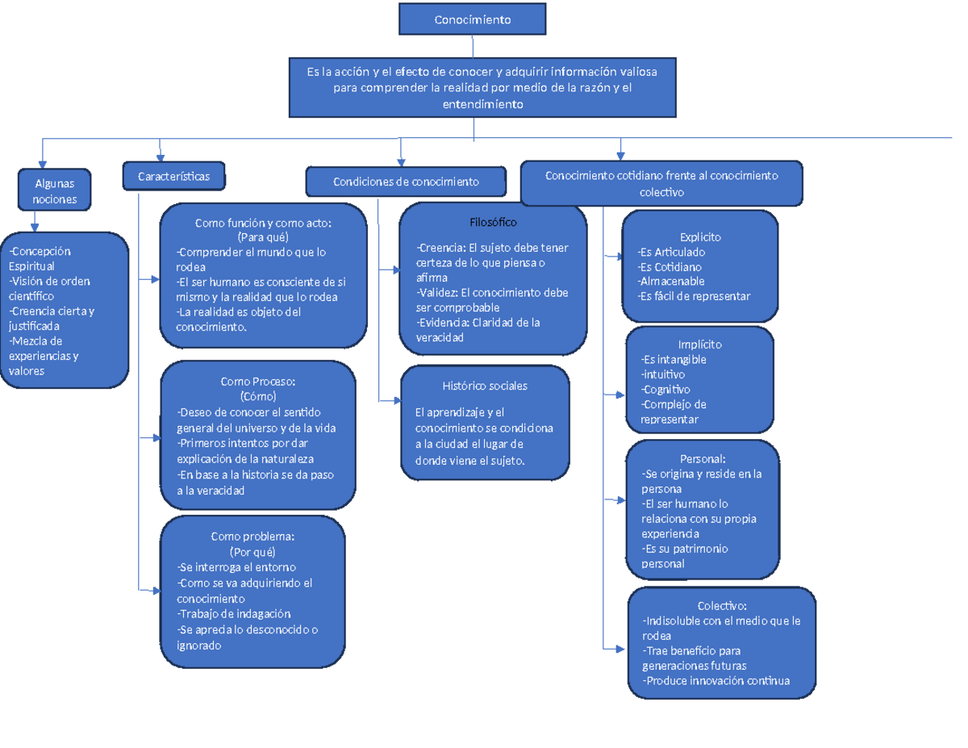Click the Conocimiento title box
(x=472, y=19)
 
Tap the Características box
(x=173, y=176)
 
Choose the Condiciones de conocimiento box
(x=406, y=182)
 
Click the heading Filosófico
(x=493, y=222)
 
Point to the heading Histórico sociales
(x=485, y=386)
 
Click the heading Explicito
(x=700, y=237)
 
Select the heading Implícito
(x=700, y=345)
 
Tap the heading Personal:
(x=703, y=459)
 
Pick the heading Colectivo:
(x=722, y=606)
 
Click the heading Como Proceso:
(x=258, y=382)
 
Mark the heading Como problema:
(x=252, y=537)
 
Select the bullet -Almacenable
(x=670, y=282)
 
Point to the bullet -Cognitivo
(x=665, y=390)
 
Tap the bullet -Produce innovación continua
(x=716, y=681)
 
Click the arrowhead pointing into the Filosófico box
(x=395, y=270)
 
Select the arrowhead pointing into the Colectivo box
(x=622, y=647)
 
